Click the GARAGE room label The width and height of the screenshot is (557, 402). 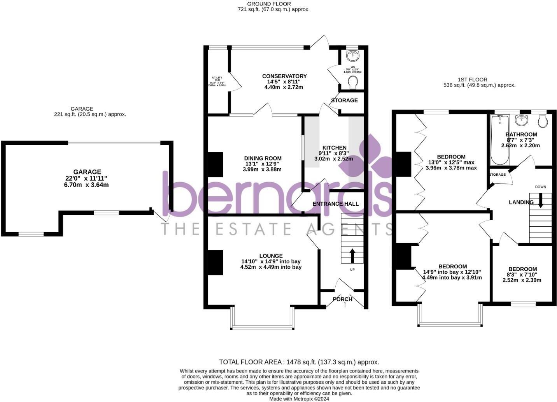(87, 172)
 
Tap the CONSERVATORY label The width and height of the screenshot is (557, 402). (284, 76)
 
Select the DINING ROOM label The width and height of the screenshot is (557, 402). (263, 158)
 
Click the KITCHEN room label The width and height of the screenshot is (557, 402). (334, 148)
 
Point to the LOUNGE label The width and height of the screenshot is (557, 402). (271, 256)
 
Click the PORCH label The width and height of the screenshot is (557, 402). (342, 299)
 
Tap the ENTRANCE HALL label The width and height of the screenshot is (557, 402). (335, 204)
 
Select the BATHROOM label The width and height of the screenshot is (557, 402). (521, 134)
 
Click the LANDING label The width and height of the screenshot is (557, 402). (521, 202)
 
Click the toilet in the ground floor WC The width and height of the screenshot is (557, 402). (353, 83)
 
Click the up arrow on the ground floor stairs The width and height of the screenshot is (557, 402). (352, 256)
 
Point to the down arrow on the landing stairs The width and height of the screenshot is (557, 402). (540, 200)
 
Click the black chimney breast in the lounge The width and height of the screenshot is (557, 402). (215, 262)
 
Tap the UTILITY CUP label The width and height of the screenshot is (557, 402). (217, 79)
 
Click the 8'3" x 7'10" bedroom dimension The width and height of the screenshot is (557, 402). (522, 275)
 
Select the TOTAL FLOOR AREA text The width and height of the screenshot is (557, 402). (299, 362)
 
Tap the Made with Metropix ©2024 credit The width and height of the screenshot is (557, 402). (299, 398)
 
